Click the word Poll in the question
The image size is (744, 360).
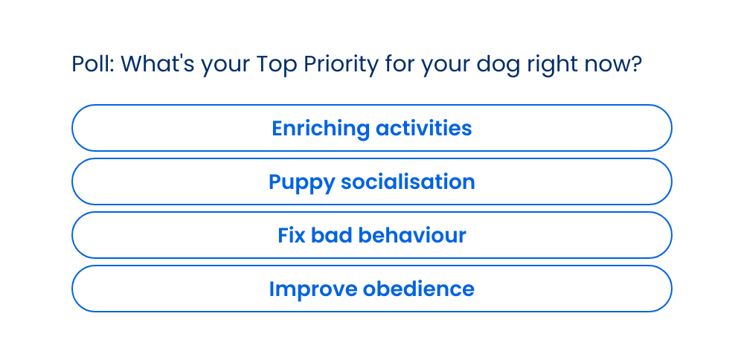[91, 64]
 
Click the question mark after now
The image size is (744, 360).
[636, 64]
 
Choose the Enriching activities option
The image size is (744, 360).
[371, 128]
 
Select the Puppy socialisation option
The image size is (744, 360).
[371, 181]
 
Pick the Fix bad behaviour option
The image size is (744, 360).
[371, 235]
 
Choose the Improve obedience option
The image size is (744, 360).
[371, 289]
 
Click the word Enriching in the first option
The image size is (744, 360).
[321, 129]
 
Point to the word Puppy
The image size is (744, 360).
[302, 183]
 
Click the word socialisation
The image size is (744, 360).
[408, 181]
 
